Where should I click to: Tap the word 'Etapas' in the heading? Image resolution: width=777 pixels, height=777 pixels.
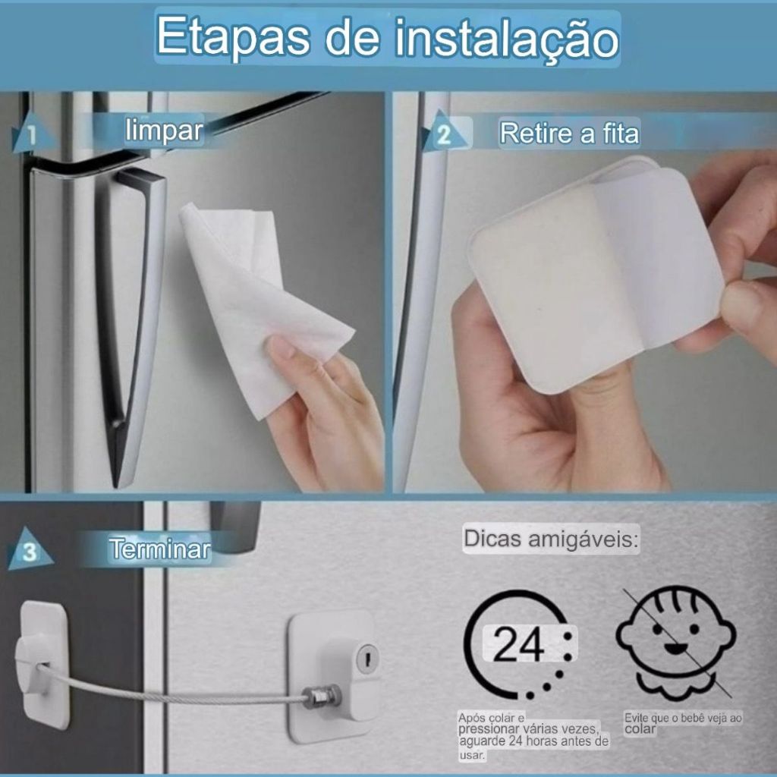pyautogui.click(x=233, y=38)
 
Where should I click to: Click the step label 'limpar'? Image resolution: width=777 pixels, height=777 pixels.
pyautogui.click(x=164, y=131)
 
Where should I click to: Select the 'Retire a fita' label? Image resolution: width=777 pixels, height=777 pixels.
pyautogui.click(x=569, y=134)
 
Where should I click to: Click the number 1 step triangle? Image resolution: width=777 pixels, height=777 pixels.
pyautogui.click(x=30, y=132)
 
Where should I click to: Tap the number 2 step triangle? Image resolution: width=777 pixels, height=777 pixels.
pyautogui.click(x=444, y=131)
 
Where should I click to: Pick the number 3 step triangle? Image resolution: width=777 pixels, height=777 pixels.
pyautogui.click(x=30, y=549)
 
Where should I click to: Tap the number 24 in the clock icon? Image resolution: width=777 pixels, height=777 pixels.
pyautogui.click(x=518, y=645)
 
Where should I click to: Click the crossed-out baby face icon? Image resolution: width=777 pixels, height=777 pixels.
pyautogui.click(x=676, y=644)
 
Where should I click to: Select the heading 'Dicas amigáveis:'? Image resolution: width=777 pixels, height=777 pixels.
pyautogui.click(x=551, y=539)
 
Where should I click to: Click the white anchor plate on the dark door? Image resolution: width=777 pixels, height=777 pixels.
pyautogui.click(x=43, y=664)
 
